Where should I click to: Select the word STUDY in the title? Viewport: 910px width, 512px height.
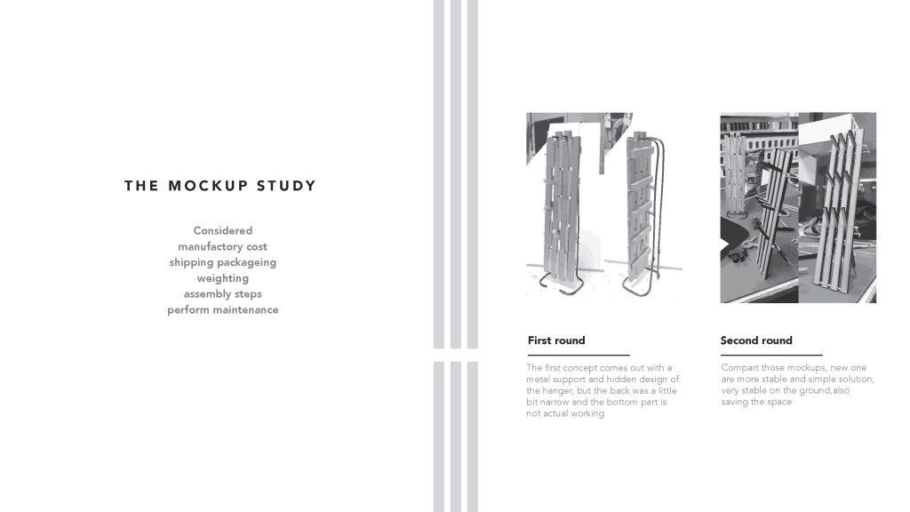(286, 186)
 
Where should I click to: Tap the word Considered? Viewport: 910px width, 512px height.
(223, 231)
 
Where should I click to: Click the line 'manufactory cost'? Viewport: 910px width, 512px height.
(223, 247)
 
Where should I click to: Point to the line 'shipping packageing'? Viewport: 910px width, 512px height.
(223, 263)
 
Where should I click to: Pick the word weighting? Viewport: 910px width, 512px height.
(223, 278)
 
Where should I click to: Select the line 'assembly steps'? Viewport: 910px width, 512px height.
(223, 294)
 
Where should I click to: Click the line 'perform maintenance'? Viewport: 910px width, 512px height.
(223, 310)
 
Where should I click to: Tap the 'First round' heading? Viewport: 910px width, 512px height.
(556, 340)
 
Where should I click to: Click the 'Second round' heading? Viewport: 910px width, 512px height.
(756, 340)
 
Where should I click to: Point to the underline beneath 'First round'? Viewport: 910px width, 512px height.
(579, 355)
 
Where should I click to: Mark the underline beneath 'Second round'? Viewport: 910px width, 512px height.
(771, 355)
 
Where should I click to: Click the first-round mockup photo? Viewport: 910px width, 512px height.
(604, 207)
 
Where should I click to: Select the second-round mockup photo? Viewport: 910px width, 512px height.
(798, 207)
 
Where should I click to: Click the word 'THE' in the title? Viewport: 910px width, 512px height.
(140, 186)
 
